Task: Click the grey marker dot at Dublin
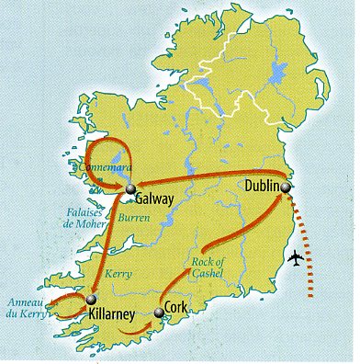[287, 188]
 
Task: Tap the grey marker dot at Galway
[125, 191]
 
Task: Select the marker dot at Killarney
[92, 301]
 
